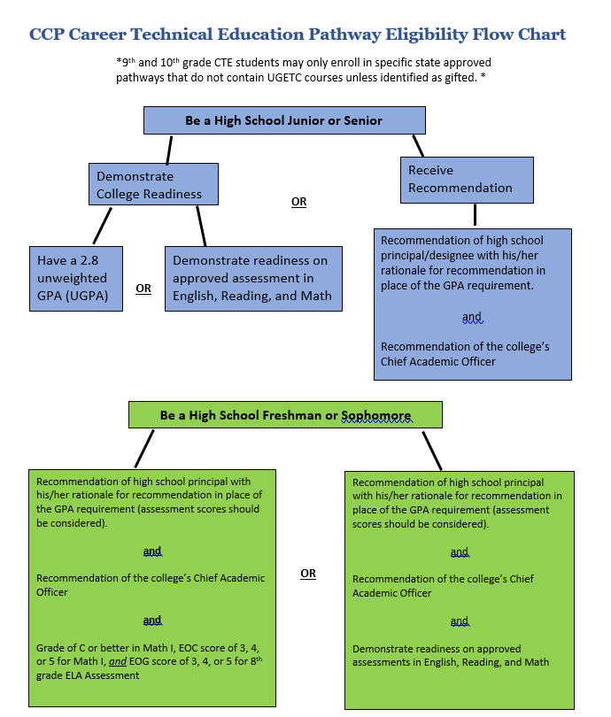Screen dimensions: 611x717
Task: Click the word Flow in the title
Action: [492, 35]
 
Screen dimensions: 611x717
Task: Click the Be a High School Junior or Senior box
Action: [284, 120]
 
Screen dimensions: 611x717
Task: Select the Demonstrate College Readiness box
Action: [153, 184]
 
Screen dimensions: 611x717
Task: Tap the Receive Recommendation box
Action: [467, 181]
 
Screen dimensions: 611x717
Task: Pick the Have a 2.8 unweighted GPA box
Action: [76, 279]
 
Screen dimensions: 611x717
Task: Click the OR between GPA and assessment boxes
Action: [143, 289]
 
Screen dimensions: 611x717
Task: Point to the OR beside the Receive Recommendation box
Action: [298, 202]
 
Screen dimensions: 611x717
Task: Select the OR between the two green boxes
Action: [308, 574]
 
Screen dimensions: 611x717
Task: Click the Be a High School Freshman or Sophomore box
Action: [285, 415]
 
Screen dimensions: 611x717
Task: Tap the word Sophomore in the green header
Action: [376, 415]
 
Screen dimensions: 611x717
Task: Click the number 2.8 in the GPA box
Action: [89, 260]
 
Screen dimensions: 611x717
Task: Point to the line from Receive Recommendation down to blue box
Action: [476, 214]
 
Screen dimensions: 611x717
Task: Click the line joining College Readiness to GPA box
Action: [102, 226]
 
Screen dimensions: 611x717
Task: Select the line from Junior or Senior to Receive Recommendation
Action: [418, 146]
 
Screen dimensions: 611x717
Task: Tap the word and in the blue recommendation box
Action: [472, 317]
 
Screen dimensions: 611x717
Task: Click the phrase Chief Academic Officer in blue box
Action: [438, 362]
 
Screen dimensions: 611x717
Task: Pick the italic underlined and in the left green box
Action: [118, 661]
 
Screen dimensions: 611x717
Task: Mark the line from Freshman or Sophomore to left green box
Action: [144, 449]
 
